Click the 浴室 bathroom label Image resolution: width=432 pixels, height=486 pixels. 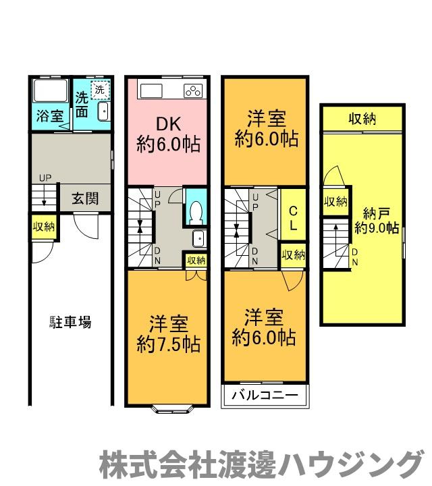click(49, 116)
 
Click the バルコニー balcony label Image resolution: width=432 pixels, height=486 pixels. click(265, 395)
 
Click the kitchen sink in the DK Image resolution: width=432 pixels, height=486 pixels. click(150, 90)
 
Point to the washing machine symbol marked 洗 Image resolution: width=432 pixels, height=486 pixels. click(99, 89)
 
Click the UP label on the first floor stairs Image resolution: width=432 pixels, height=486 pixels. click(45, 178)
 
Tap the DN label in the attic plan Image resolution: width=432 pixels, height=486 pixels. click(355, 256)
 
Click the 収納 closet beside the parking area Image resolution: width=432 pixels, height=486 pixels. click(44, 227)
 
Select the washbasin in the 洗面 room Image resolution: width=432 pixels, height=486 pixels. click(103, 112)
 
